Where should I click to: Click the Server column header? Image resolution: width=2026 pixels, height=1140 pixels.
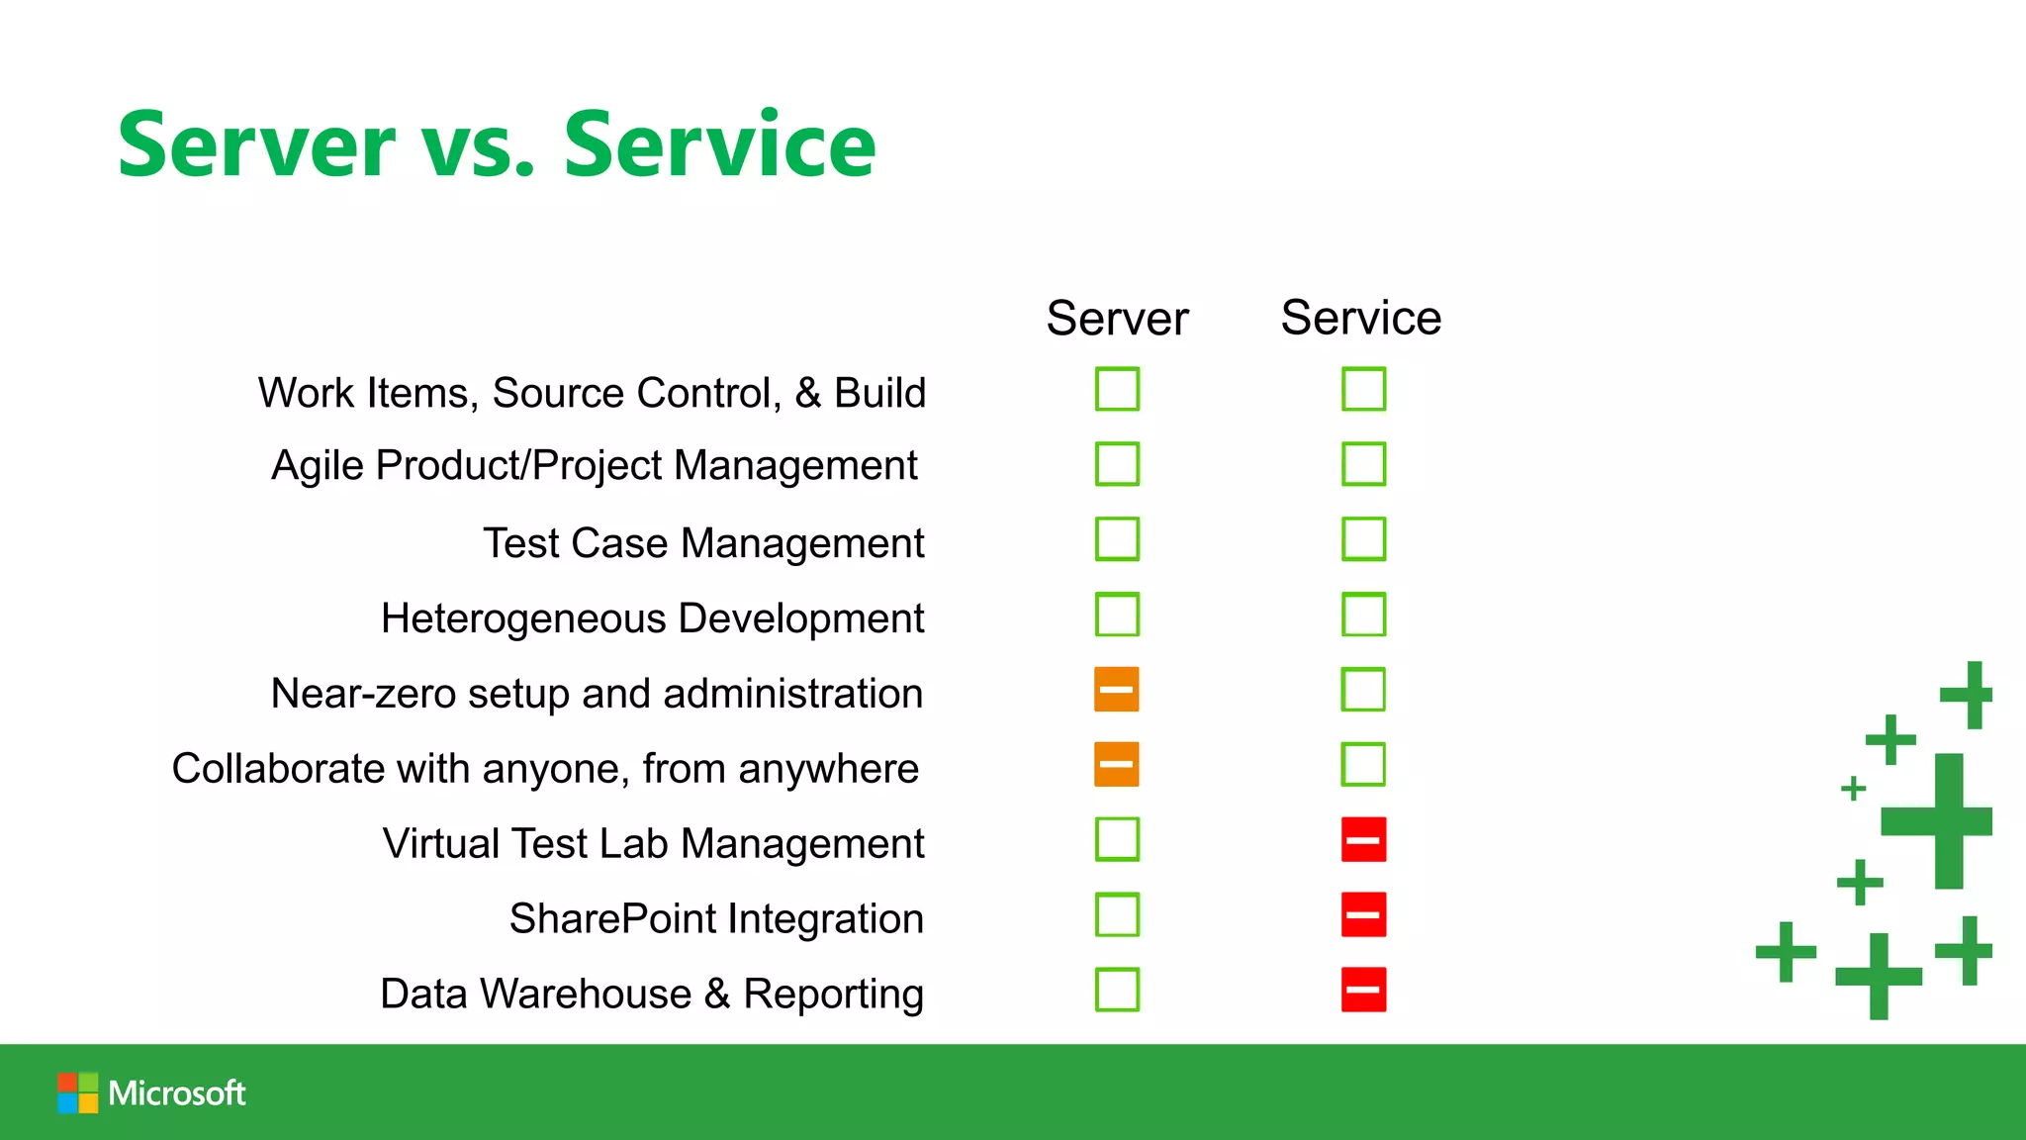pyautogui.click(x=1117, y=319)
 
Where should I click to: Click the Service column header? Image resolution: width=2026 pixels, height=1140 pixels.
pyautogui.click(x=1360, y=319)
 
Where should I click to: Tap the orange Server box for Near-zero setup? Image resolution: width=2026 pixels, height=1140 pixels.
pyautogui.click(x=1117, y=690)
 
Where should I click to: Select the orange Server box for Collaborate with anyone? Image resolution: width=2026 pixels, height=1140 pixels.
pyautogui.click(x=1117, y=765)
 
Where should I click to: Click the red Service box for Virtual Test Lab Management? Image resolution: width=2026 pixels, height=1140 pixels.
pyautogui.click(x=1363, y=840)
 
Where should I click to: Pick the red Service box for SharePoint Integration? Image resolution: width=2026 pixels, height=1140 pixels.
pyautogui.click(x=1363, y=915)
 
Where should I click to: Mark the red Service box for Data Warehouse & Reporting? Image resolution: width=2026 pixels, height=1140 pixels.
pyautogui.click(x=1363, y=990)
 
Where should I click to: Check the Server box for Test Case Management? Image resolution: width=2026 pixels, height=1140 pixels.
pyautogui.click(x=1117, y=539)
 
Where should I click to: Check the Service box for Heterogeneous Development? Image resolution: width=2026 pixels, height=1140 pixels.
pyautogui.click(x=1363, y=615)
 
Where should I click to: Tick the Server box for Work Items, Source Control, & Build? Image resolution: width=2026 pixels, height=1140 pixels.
pyautogui.click(x=1117, y=389)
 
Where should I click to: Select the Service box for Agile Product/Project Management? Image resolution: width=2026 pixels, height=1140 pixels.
pyautogui.click(x=1363, y=464)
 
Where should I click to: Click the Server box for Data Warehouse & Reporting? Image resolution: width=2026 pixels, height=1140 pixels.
pyautogui.click(x=1117, y=990)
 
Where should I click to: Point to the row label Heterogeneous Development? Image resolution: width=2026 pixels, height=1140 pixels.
pyautogui.click(x=652, y=618)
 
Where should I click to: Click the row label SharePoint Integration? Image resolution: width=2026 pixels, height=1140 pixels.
pyautogui.click(x=716, y=919)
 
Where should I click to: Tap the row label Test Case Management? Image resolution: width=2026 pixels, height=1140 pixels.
pyautogui.click(x=703, y=543)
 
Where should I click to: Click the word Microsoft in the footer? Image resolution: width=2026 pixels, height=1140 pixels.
pyautogui.click(x=177, y=1093)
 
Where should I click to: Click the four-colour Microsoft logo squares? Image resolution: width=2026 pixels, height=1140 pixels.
pyautogui.click(x=77, y=1093)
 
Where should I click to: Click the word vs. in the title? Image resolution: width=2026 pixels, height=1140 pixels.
pyautogui.click(x=479, y=146)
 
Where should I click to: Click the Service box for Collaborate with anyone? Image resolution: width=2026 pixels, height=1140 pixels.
pyautogui.click(x=1363, y=765)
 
